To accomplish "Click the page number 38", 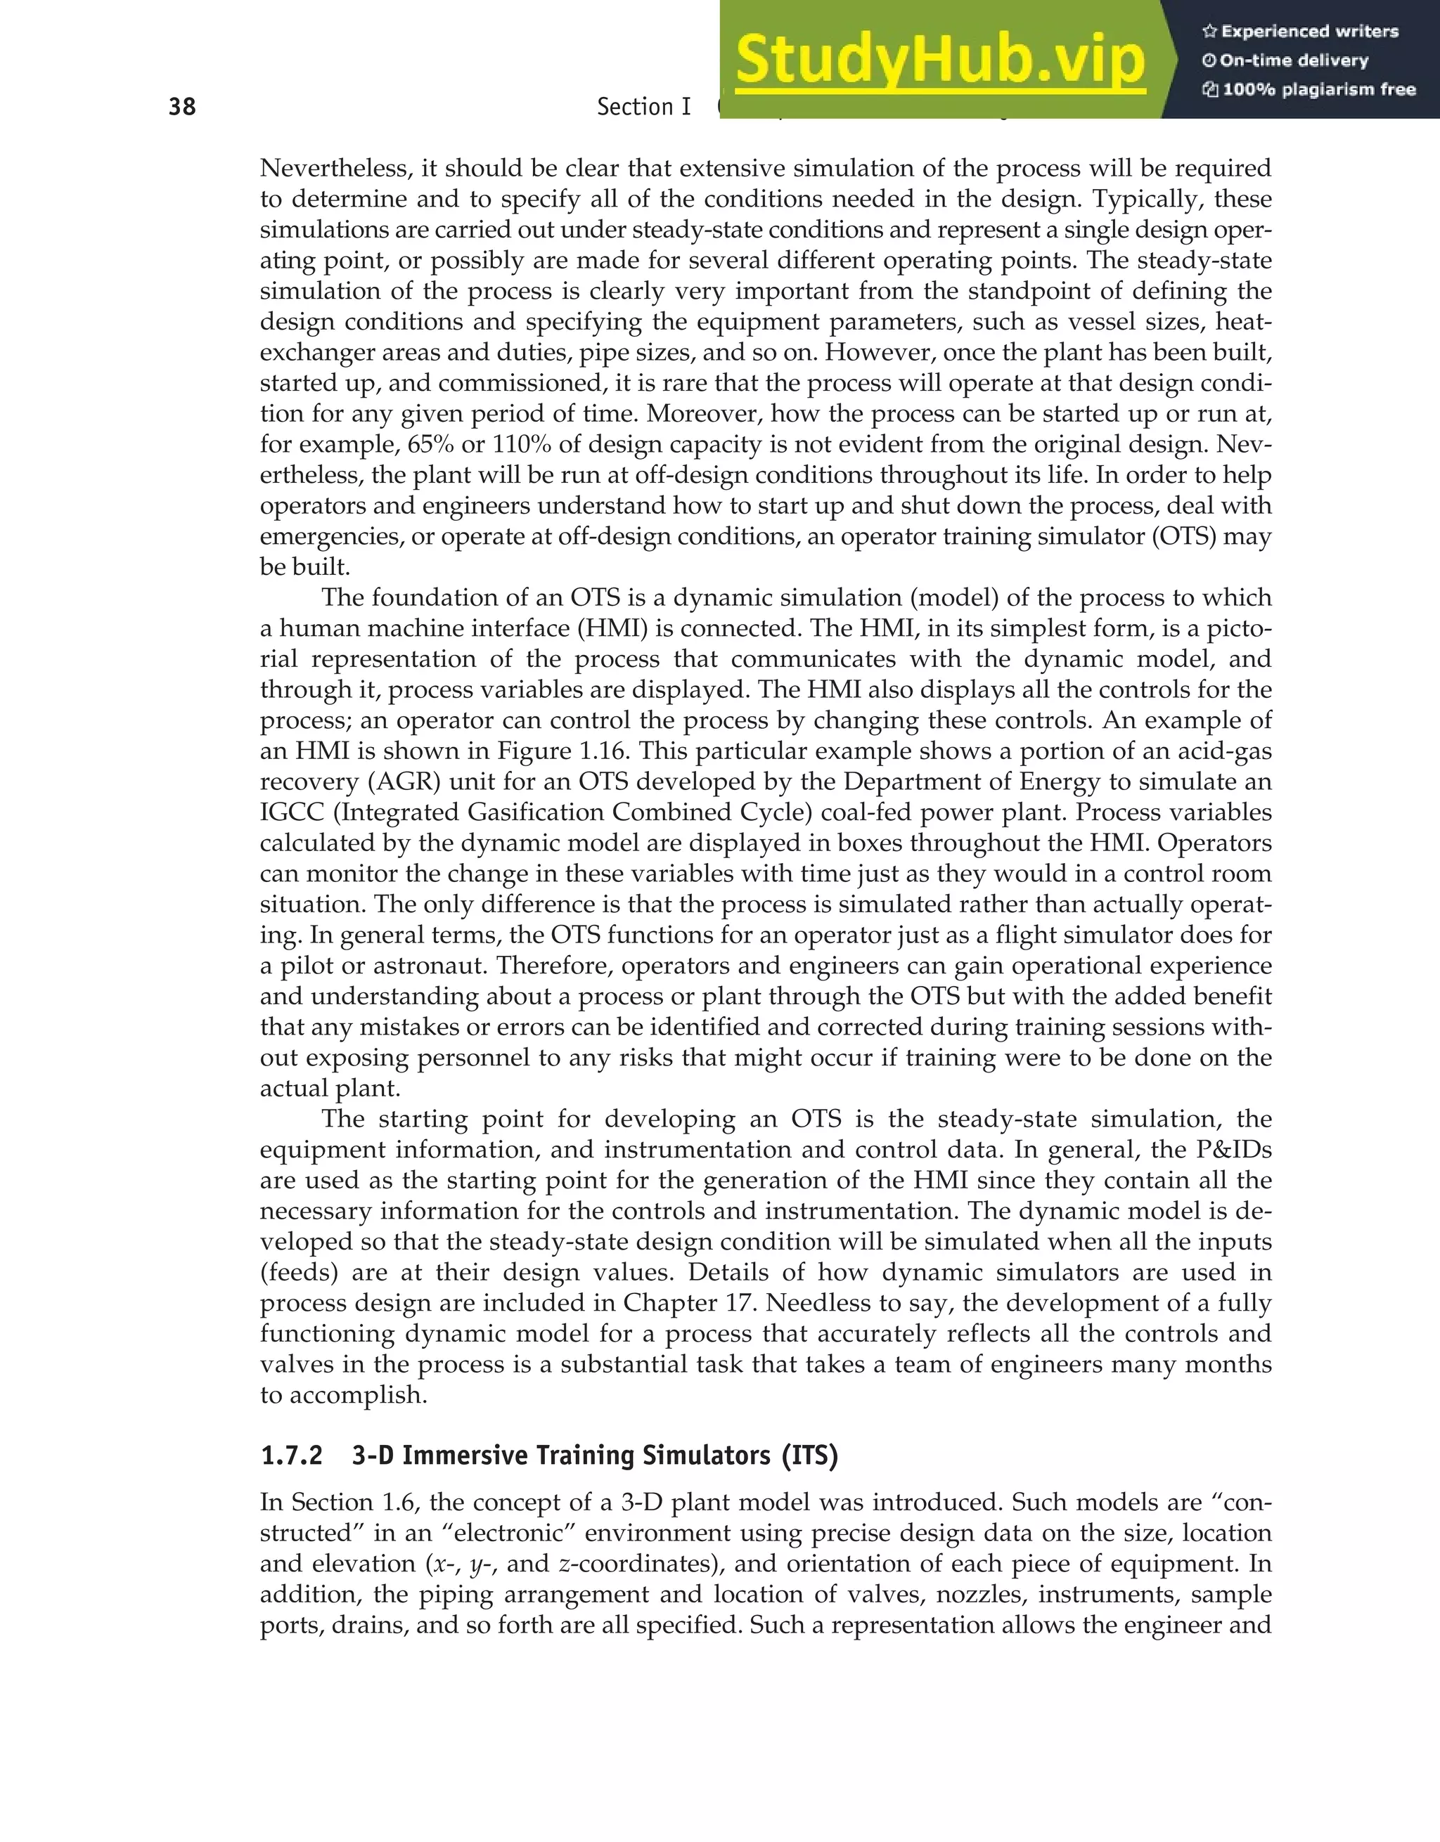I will click(x=182, y=107).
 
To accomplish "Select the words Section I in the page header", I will click(x=643, y=107).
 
